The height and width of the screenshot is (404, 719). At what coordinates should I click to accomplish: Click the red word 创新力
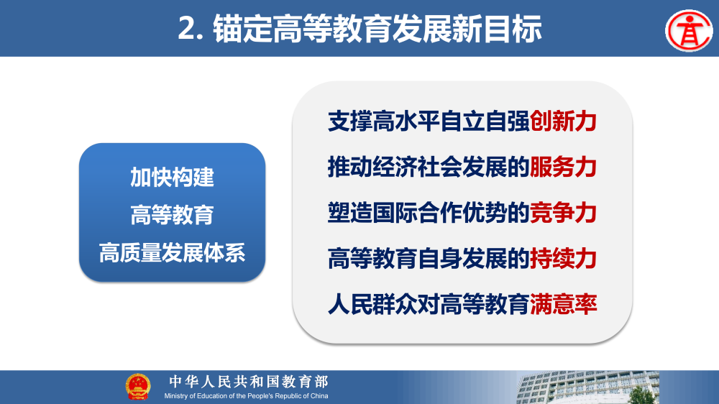click(564, 121)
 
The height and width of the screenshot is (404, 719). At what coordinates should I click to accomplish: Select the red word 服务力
click(564, 167)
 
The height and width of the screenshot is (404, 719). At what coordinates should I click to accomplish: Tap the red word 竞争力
click(564, 214)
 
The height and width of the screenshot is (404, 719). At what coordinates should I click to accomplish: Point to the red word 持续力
click(564, 259)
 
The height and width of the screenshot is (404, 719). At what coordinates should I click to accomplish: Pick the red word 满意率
click(564, 305)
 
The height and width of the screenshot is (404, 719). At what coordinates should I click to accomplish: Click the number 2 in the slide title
click(188, 29)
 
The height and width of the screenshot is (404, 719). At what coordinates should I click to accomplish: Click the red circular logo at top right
click(687, 29)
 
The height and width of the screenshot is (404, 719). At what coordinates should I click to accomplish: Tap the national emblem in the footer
click(138, 387)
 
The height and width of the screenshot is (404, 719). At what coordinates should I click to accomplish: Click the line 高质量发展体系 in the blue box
click(172, 253)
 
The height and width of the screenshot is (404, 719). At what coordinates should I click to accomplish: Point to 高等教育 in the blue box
click(172, 215)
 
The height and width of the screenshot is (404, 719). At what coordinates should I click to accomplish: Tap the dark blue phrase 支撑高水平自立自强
click(429, 121)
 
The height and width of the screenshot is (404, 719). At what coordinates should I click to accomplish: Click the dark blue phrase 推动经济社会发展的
click(429, 167)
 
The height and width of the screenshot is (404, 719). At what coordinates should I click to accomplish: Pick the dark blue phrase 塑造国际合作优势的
click(429, 214)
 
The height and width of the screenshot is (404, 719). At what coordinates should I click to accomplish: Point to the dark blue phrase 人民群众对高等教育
click(429, 305)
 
